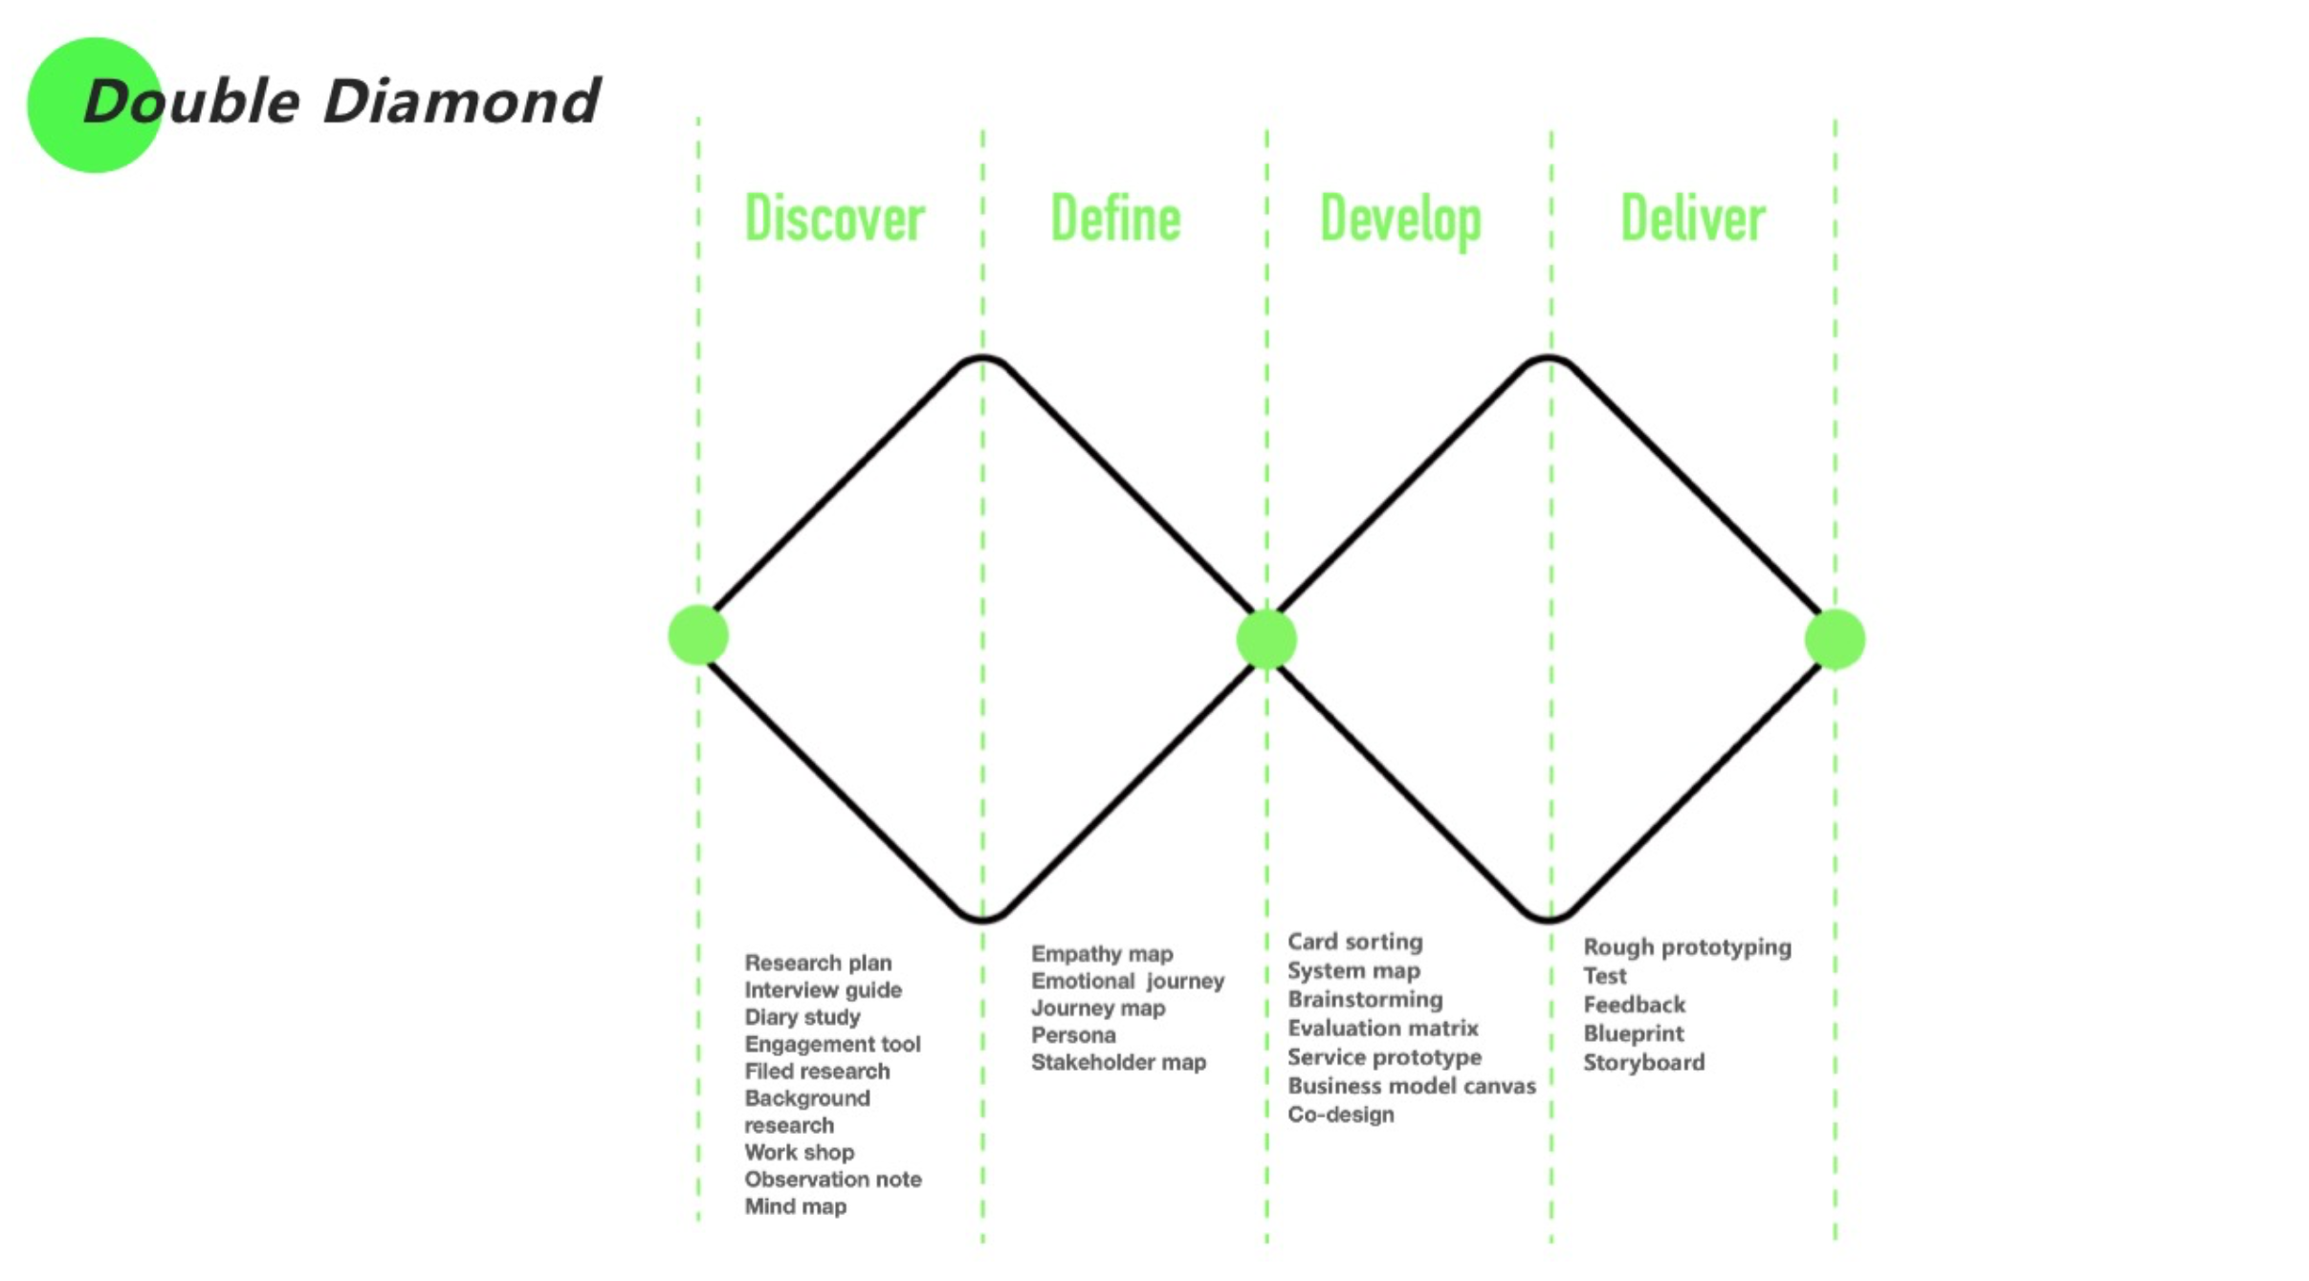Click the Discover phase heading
[x=834, y=218]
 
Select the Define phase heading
[x=1115, y=218]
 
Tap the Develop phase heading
[x=1400, y=222]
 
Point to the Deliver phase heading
[x=1692, y=218]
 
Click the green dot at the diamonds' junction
[x=1266, y=639]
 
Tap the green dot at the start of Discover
[x=698, y=635]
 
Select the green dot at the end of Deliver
[x=1835, y=639]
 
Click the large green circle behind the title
[x=95, y=105]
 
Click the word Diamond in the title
[x=461, y=100]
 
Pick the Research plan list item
[x=818, y=963]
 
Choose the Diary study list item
[x=803, y=1017]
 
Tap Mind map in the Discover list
[x=795, y=1206]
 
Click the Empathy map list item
[x=1102, y=954]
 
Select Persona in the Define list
[x=1073, y=1035]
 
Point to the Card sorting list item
[x=1354, y=942]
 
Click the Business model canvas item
[x=1412, y=1086]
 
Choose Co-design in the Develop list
[x=1340, y=1115]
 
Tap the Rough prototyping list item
[x=1687, y=947]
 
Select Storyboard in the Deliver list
[x=1643, y=1062]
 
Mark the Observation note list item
[x=833, y=1180]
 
